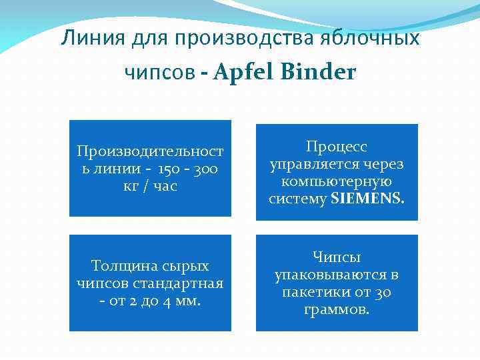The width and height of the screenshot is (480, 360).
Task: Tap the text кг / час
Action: click(x=150, y=186)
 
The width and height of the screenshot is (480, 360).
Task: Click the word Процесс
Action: click(x=337, y=147)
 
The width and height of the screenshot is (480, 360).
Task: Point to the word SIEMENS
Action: click(x=367, y=198)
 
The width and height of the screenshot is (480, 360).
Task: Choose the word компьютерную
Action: click(x=337, y=181)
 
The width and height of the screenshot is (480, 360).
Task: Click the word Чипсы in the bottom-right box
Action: click(x=337, y=257)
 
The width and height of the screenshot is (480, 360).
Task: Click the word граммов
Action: click(x=337, y=309)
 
